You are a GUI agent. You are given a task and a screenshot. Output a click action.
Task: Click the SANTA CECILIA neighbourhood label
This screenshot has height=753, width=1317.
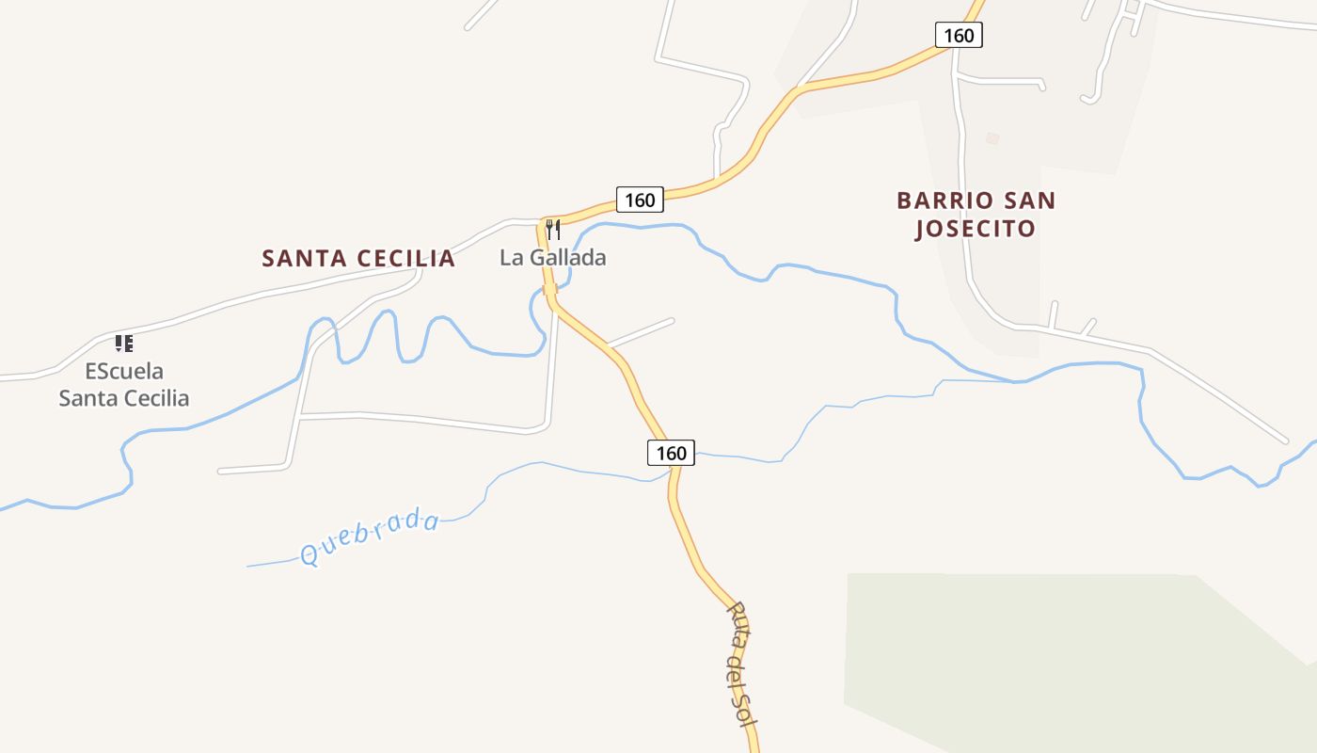point(358,258)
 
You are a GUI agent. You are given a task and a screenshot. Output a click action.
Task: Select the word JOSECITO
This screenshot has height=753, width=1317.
point(976,229)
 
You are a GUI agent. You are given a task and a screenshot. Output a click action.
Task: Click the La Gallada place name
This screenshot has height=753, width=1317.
point(553,257)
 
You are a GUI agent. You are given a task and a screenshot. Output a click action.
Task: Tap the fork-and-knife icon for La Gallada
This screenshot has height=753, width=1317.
point(553,229)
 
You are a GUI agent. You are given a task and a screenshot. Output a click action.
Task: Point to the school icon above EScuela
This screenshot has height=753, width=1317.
point(123,344)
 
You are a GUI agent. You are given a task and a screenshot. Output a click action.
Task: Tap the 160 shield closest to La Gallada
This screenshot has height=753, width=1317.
point(640,200)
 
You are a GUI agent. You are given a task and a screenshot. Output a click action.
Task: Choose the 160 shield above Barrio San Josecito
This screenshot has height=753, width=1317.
point(959,36)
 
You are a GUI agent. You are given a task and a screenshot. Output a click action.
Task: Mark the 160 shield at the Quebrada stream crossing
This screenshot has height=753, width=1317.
point(671,453)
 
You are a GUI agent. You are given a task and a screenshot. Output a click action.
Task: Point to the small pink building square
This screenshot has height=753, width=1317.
point(992,138)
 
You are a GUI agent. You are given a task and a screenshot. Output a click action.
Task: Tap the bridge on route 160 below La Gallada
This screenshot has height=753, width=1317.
point(550,289)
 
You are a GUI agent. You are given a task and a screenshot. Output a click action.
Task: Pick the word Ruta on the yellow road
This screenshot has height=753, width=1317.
point(737,624)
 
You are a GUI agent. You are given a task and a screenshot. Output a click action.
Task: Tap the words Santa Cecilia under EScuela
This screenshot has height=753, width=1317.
point(124,398)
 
